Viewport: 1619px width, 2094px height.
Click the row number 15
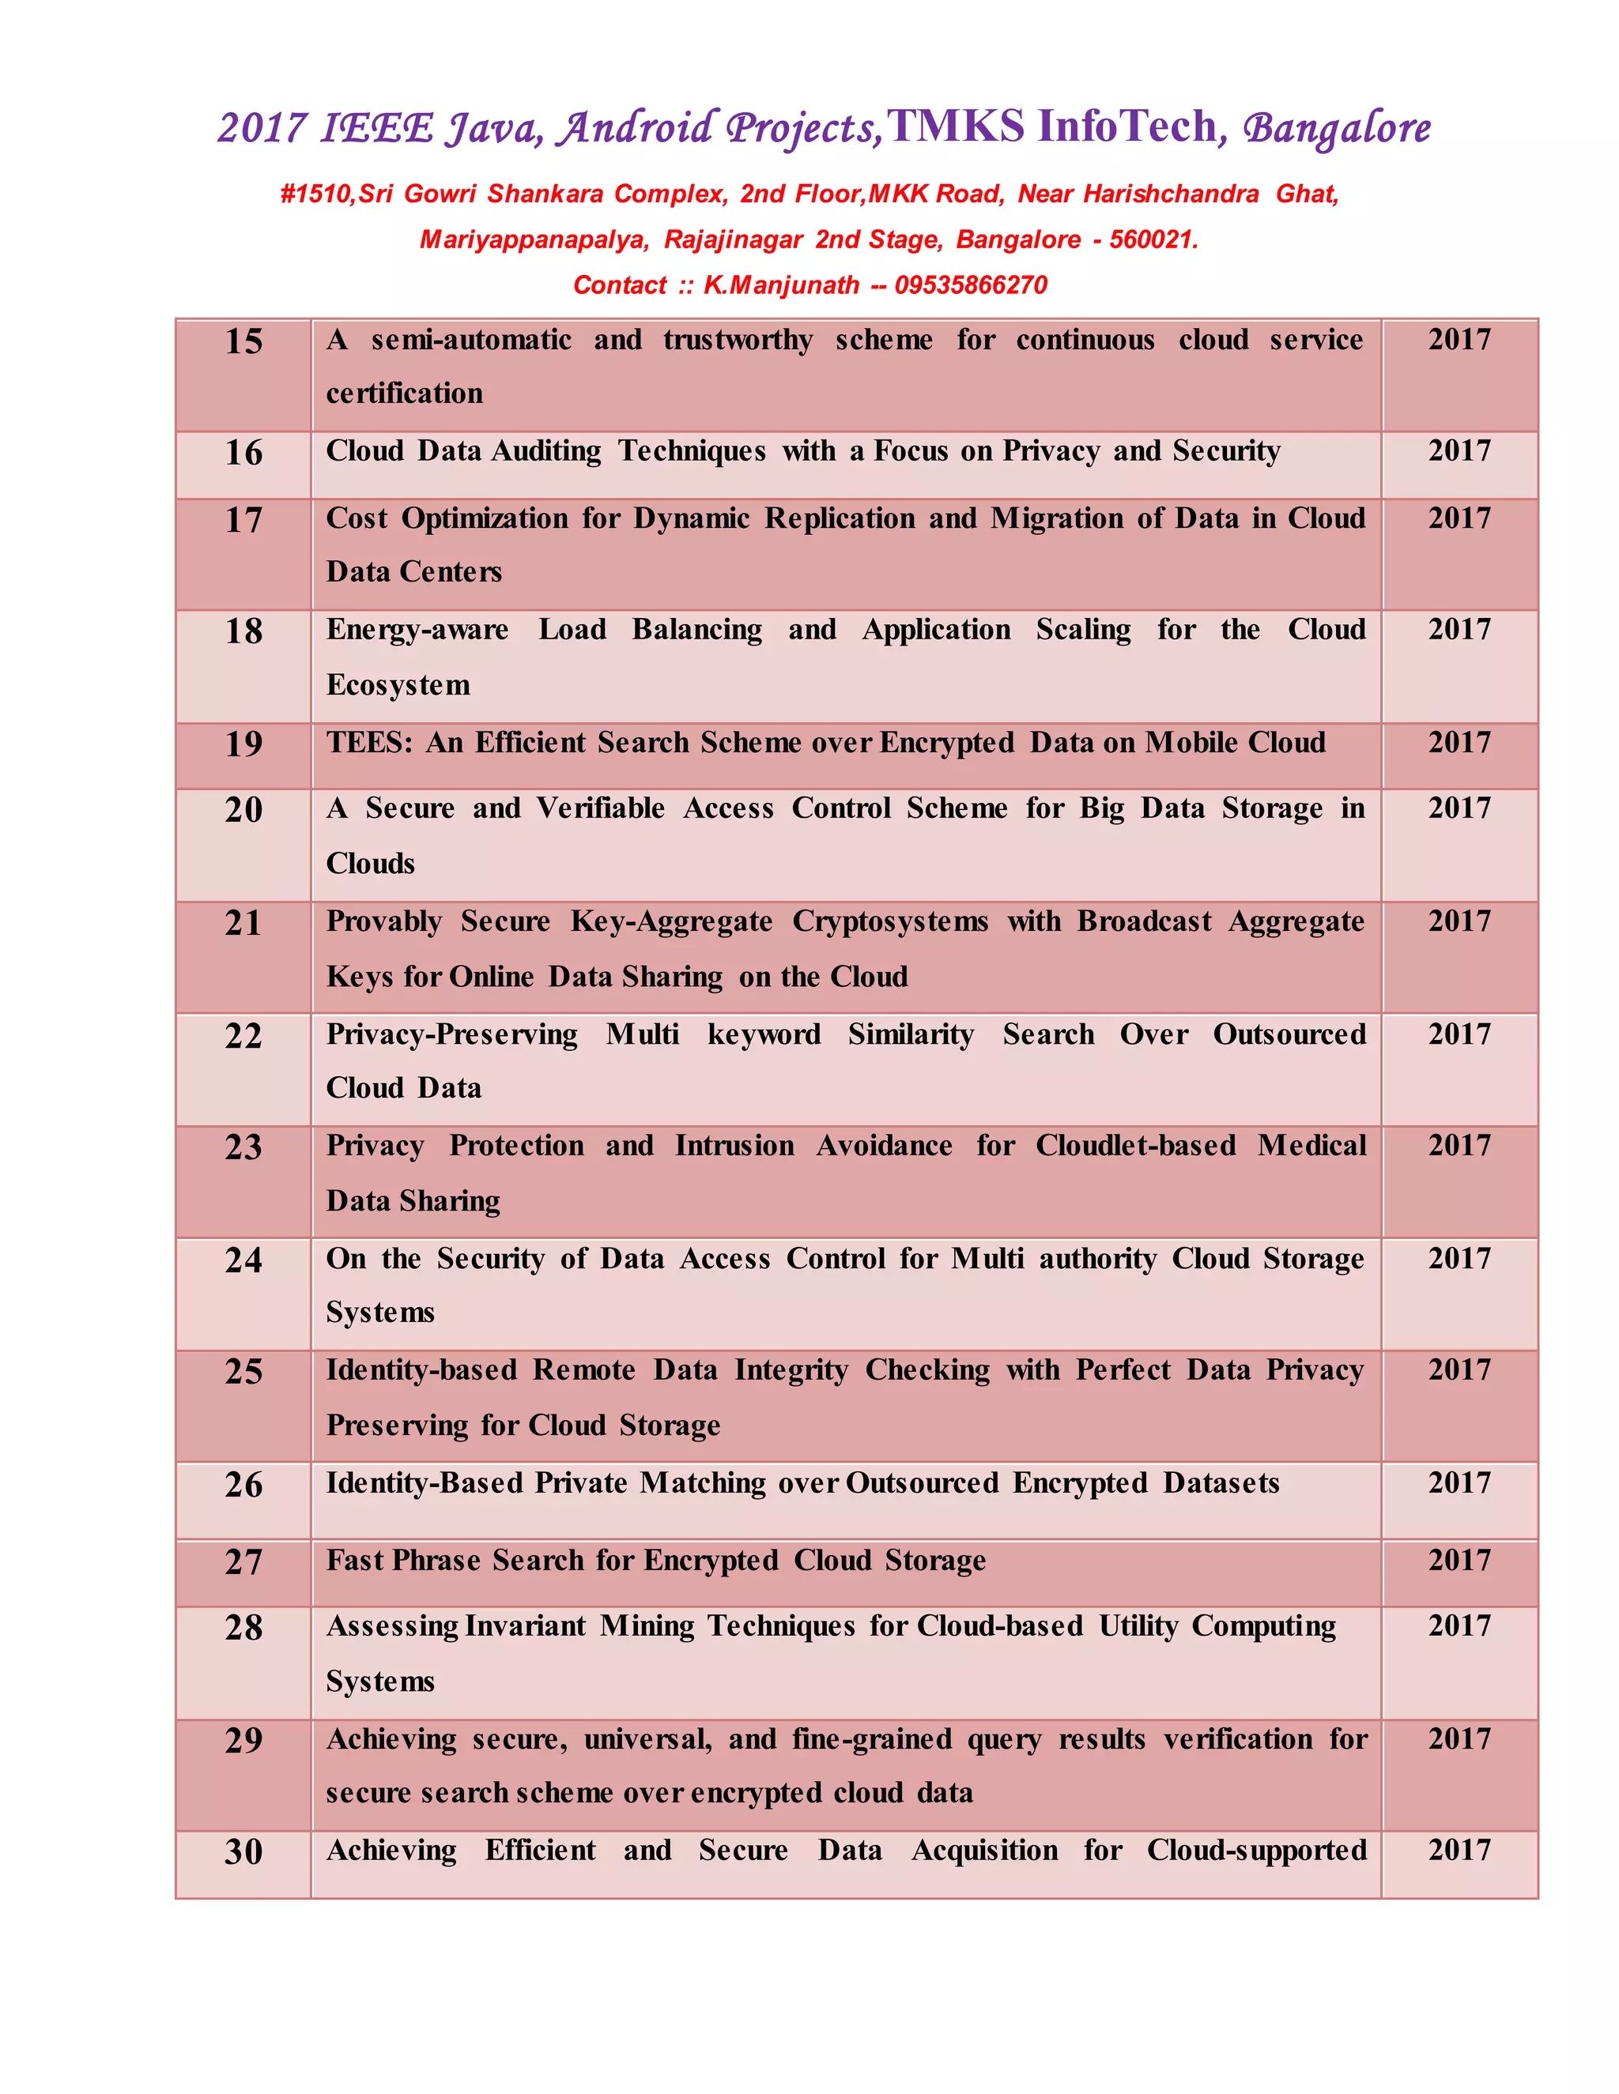click(243, 341)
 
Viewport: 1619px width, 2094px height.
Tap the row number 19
click(243, 744)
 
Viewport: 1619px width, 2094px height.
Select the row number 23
click(243, 1147)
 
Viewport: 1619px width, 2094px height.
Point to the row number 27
click(243, 1562)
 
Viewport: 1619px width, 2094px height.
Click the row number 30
click(243, 1851)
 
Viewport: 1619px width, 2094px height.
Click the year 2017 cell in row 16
click(1459, 450)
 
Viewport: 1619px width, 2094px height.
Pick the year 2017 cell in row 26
click(1459, 1483)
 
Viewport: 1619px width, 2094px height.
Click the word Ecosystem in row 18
click(398, 684)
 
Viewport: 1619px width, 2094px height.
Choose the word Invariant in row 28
click(525, 1626)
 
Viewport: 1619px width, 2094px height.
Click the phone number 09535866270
click(971, 284)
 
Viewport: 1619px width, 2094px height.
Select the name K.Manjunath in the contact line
click(781, 284)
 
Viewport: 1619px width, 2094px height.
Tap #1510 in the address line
click(315, 194)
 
